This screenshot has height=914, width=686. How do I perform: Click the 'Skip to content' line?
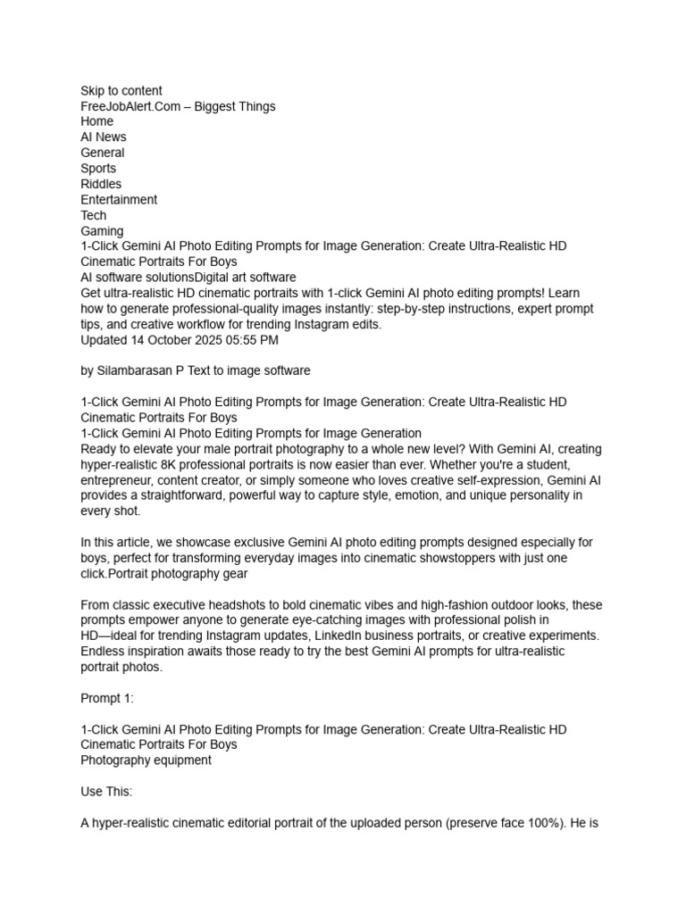[x=121, y=90]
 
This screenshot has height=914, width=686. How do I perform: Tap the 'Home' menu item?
[x=96, y=121]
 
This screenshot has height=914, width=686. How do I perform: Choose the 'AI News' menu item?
[x=104, y=137]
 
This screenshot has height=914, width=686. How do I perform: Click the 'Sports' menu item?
[x=98, y=169]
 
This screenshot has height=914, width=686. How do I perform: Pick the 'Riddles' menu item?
[x=101, y=184]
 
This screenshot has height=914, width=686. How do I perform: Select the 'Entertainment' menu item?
[x=119, y=200]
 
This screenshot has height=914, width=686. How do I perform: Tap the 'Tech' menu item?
[x=94, y=215]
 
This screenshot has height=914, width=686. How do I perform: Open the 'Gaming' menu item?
[x=102, y=231]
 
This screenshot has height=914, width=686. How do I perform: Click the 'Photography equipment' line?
[x=146, y=760]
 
